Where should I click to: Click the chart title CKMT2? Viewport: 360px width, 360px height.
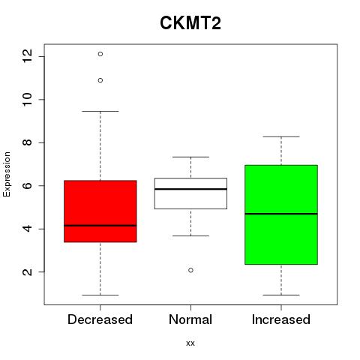(190, 22)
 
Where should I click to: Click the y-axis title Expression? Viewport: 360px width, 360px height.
(7, 174)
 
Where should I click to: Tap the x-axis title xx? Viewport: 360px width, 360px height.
(190, 343)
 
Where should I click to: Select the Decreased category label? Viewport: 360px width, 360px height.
(100, 319)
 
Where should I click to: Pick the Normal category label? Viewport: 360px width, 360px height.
(190, 319)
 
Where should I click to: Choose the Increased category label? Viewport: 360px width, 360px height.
(281, 319)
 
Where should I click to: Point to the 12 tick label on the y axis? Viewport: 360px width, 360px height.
(28, 56)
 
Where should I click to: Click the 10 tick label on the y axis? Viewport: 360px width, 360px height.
(28, 100)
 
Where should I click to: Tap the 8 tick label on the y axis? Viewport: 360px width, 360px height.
(28, 142)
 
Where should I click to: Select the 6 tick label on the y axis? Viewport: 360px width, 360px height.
(28, 185)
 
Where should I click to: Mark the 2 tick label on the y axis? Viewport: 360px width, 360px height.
(28, 271)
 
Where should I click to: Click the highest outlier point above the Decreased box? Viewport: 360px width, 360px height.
(100, 54)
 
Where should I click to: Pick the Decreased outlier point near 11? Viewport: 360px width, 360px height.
(100, 80)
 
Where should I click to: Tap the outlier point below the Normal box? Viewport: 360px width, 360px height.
(190, 270)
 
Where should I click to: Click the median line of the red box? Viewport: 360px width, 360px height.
(100, 226)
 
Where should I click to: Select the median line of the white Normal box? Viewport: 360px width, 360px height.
(190, 189)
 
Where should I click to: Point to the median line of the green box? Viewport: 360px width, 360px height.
(281, 214)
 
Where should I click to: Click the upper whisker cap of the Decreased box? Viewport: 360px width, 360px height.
(100, 111)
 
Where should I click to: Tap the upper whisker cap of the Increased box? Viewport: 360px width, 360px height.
(281, 136)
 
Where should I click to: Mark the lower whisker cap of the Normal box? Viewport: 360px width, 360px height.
(190, 235)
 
